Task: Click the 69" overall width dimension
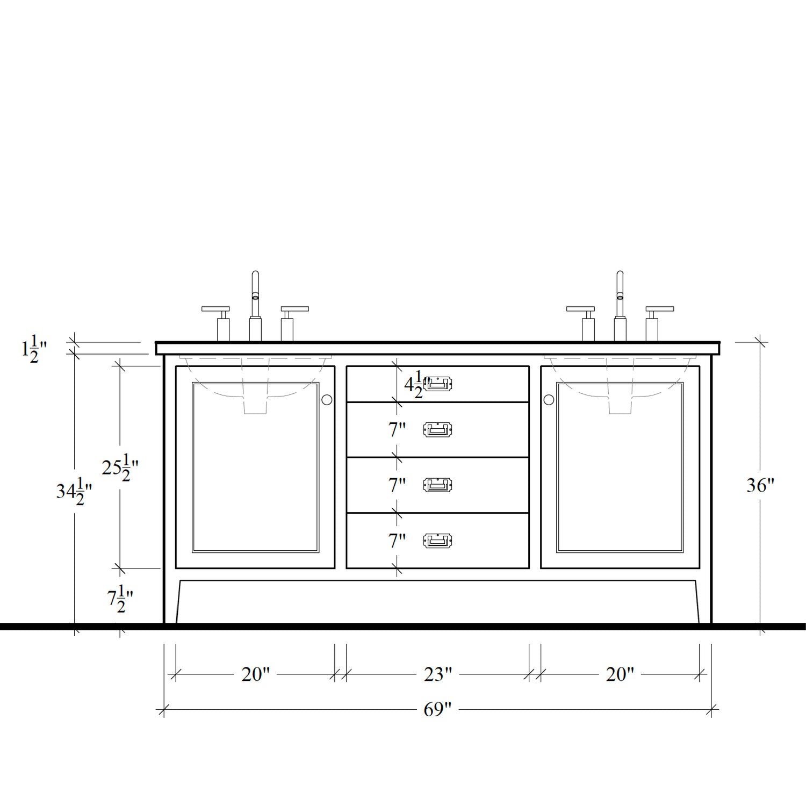point(437,709)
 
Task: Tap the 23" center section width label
point(437,674)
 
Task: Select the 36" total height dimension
point(760,486)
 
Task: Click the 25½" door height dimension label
point(120,467)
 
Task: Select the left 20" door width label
point(255,674)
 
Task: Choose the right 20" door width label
point(620,674)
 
